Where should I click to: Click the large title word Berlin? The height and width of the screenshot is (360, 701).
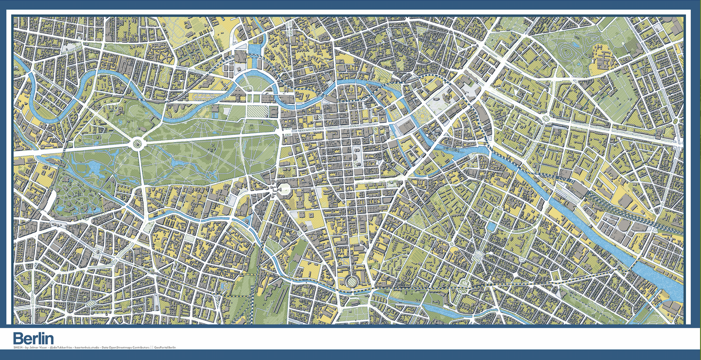click(33, 338)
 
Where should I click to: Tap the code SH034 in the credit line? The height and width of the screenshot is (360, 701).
click(18, 348)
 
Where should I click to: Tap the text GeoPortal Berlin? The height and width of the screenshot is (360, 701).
click(165, 348)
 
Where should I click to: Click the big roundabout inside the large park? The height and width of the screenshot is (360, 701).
click(137, 143)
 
